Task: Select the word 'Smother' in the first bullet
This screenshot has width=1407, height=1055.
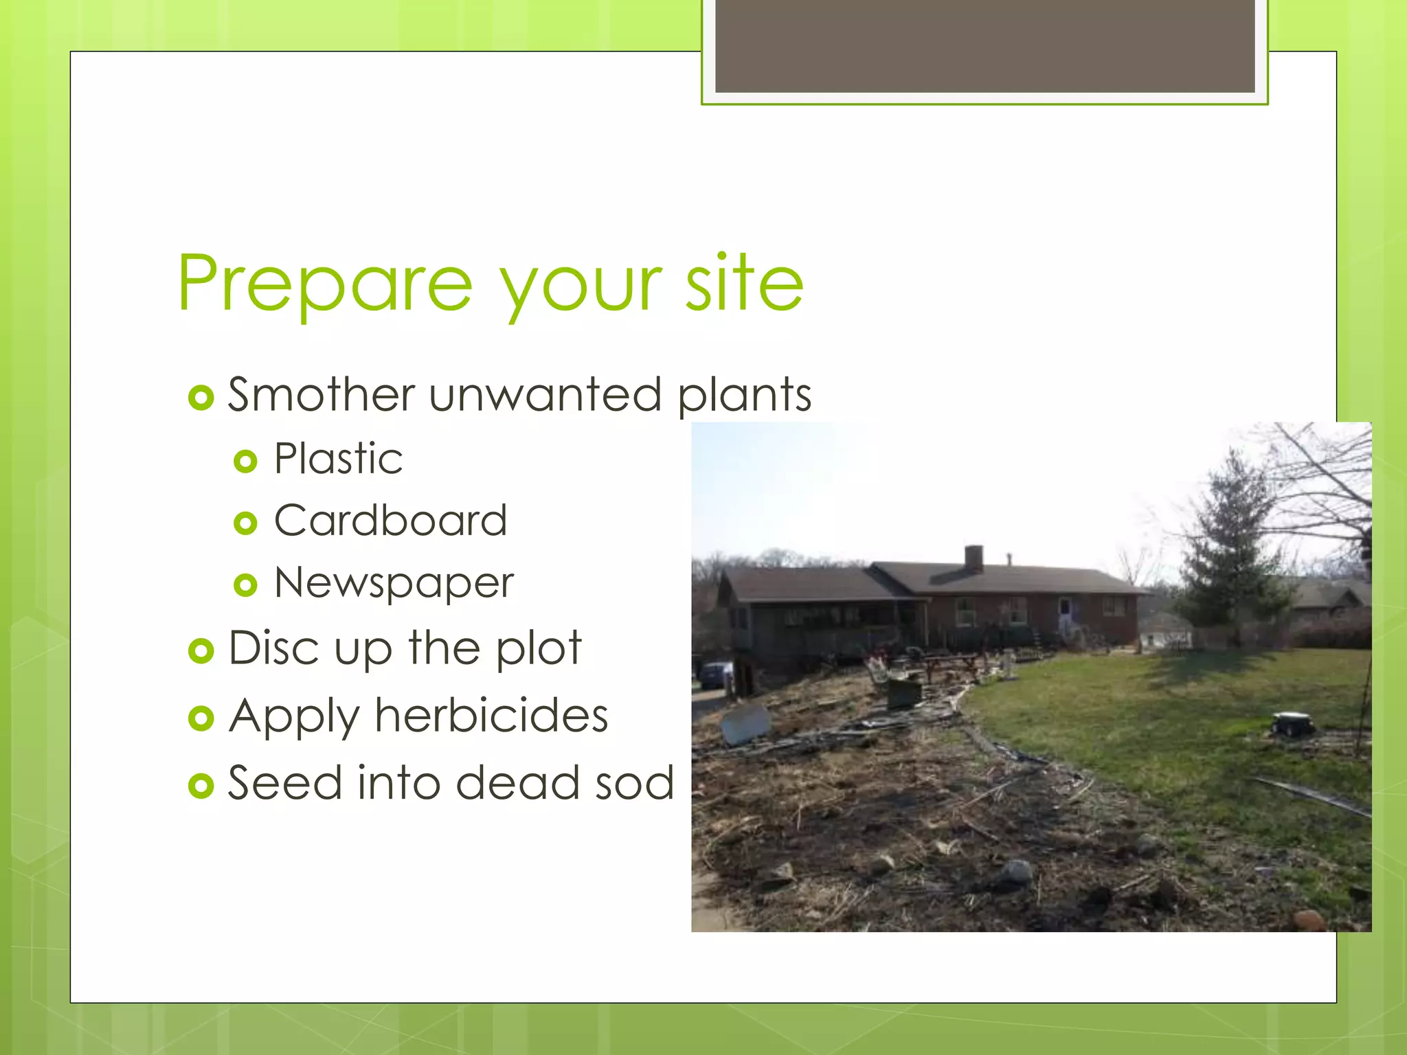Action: (x=321, y=395)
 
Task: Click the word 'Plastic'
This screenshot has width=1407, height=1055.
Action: (x=338, y=459)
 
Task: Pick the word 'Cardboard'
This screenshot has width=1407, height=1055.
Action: (x=390, y=521)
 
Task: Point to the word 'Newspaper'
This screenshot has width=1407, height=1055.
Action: (x=394, y=584)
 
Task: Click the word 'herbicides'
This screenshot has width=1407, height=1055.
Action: (x=491, y=716)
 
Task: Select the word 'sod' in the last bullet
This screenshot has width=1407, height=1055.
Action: (x=635, y=783)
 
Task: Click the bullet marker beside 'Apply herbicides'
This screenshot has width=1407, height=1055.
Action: (x=201, y=718)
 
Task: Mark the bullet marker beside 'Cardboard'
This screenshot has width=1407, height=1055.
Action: (x=245, y=523)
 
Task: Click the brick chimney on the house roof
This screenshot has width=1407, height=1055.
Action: (x=973, y=558)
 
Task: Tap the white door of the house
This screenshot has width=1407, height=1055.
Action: (x=1064, y=615)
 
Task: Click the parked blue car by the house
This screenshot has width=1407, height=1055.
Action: (x=714, y=674)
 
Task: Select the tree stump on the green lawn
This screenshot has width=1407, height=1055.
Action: (x=1292, y=724)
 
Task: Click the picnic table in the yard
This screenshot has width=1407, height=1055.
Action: (x=952, y=665)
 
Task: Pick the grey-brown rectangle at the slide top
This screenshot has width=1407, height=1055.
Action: (x=984, y=45)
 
